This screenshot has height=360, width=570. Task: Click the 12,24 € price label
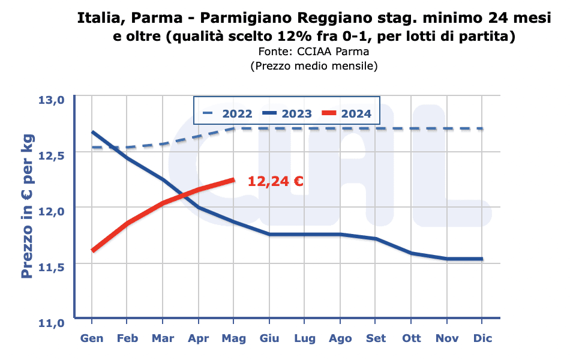click(x=275, y=181)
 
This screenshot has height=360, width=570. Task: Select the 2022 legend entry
click(x=229, y=113)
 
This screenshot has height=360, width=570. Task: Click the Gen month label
click(x=92, y=338)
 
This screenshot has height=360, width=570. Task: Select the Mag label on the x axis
click(x=233, y=338)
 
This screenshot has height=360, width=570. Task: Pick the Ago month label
click(x=340, y=338)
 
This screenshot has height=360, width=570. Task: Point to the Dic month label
click(x=482, y=338)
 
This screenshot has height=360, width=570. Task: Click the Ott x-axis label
click(x=412, y=338)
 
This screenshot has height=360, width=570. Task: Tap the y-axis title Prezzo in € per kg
click(x=27, y=206)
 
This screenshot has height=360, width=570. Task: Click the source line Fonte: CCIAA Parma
click(x=313, y=52)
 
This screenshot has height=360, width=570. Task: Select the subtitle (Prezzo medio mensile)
click(x=313, y=66)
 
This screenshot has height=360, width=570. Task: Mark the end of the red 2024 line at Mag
click(x=233, y=179)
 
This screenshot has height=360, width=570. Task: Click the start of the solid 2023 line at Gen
click(x=92, y=132)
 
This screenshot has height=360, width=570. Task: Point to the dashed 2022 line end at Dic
click(x=482, y=128)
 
